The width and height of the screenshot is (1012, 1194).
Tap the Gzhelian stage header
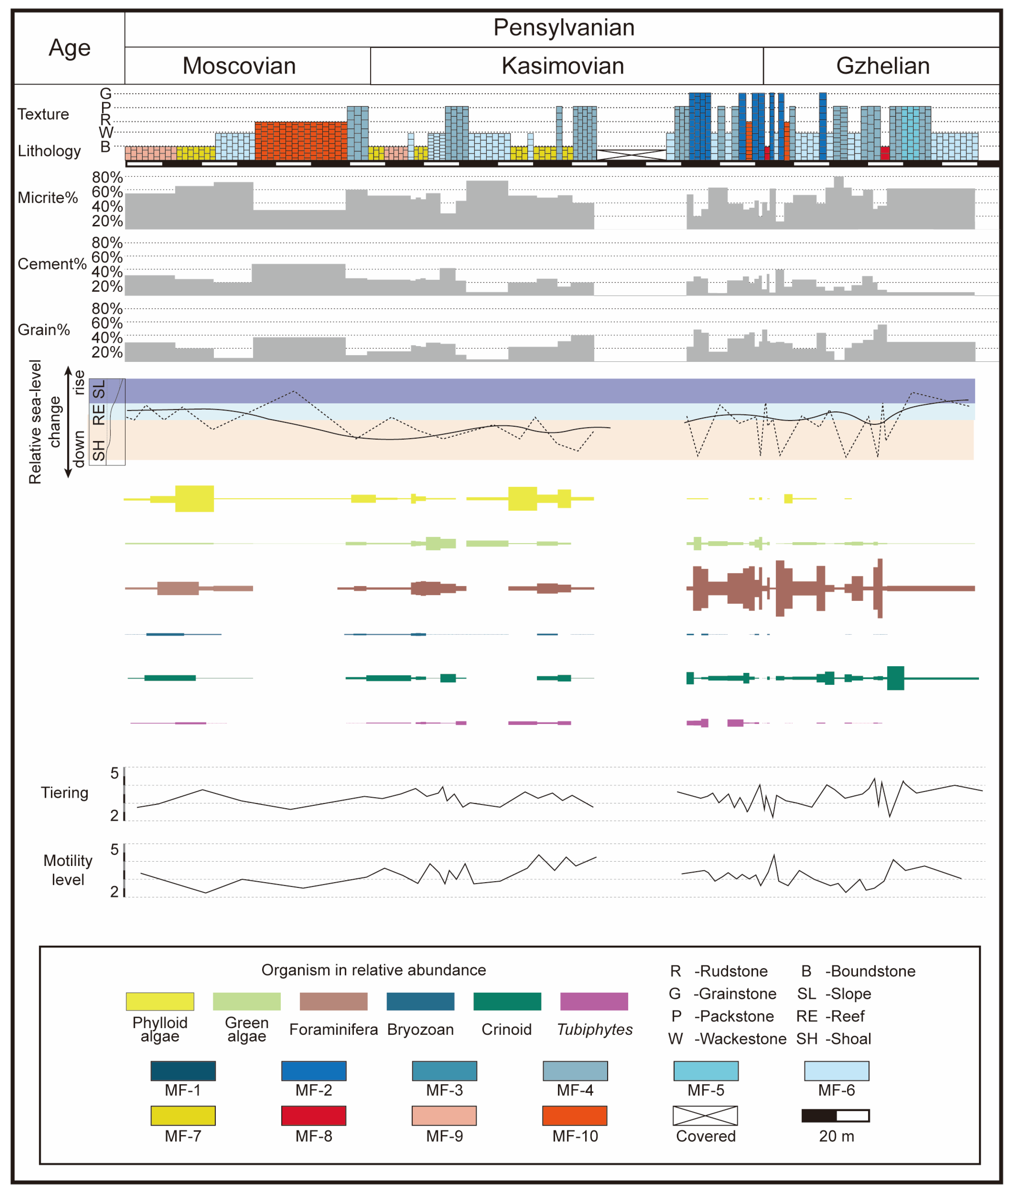click(882, 66)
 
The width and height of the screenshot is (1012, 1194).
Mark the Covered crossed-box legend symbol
click(705, 1115)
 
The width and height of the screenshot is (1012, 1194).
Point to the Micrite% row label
click(48, 198)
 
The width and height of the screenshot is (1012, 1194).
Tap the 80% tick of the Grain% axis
click(107, 309)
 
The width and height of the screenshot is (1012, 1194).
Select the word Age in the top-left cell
click(69, 48)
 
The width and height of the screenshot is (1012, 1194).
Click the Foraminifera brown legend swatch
click(333, 1001)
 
